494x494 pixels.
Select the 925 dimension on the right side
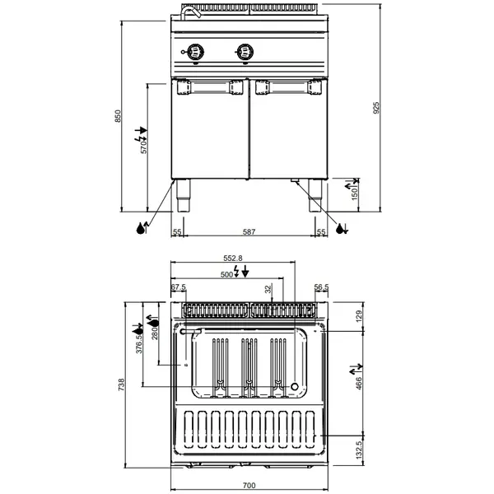pyautogui.click(x=376, y=107)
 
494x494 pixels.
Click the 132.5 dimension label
pyautogui.click(x=358, y=451)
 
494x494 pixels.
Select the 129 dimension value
pyautogui.click(x=358, y=315)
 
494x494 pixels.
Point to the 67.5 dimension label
pyautogui.click(x=179, y=287)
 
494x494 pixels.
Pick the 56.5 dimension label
pyautogui.click(x=323, y=287)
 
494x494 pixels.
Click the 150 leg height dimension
pyautogui.click(x=356, y=195)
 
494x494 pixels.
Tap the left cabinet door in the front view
pyautogui.click(x=209, y=132)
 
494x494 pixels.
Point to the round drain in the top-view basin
pyautogui.click(x=295, y=386)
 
